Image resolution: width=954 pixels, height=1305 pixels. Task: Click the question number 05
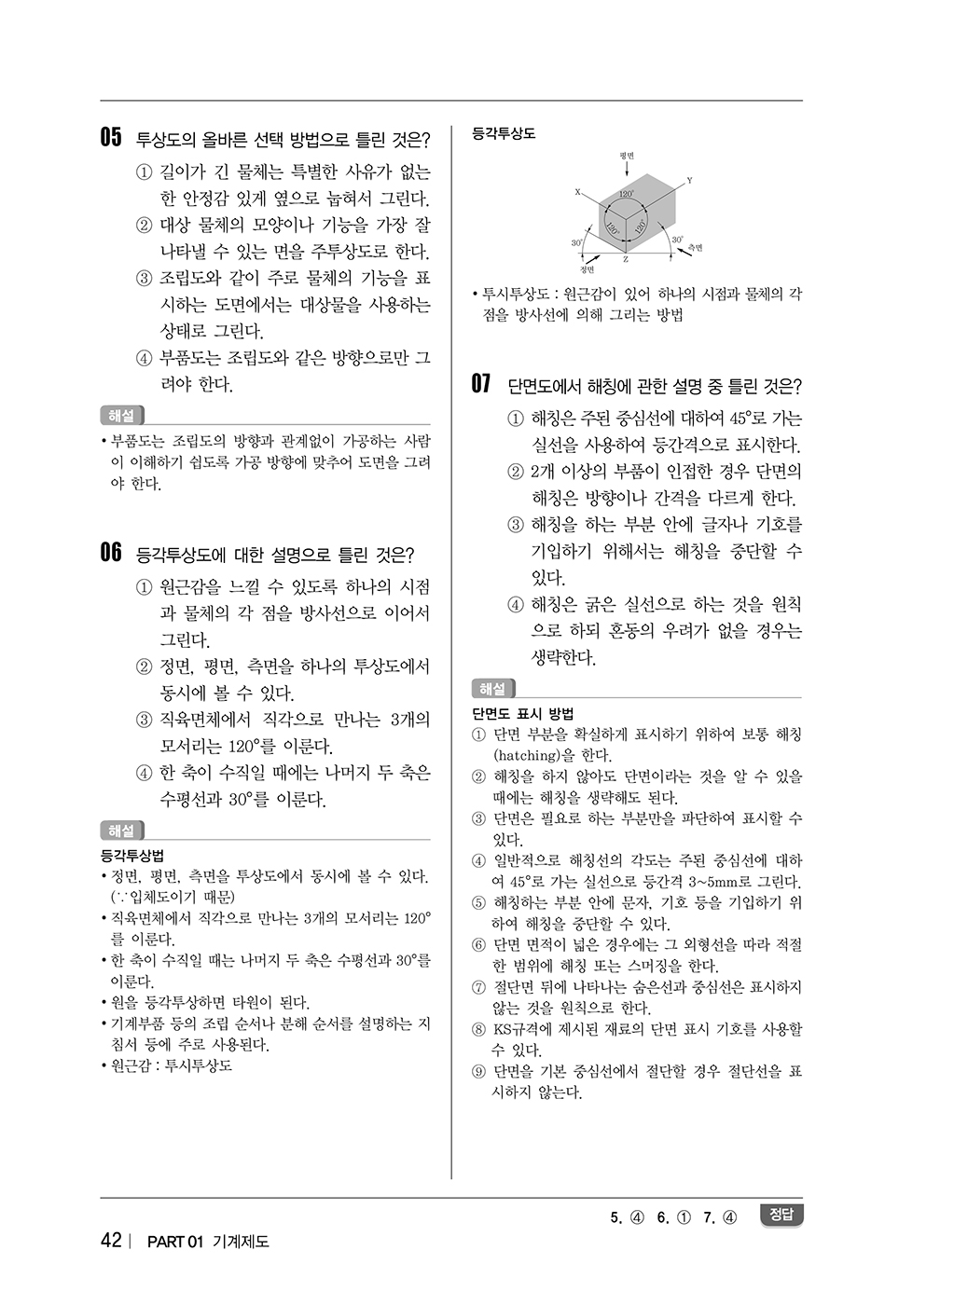click(x=111, y=138)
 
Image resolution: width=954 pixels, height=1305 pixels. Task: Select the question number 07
click(x=481, y=384)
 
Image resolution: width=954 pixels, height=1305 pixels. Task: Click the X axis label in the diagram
click(x=577, y=192)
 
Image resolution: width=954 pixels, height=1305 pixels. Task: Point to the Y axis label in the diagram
click(x=689, y=180)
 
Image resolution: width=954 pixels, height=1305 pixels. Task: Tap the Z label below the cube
click(x=626, y=259)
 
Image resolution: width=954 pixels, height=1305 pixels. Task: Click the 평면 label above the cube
click(x=626, y=155)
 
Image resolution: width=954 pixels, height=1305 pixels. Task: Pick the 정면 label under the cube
click(x=588, y=269)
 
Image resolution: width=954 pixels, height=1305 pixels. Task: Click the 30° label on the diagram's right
click(x=678, y=240)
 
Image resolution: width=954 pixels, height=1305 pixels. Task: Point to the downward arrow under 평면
click(x=626, y=169)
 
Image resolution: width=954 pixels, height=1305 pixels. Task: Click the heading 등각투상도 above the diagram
click(x=504, y=133)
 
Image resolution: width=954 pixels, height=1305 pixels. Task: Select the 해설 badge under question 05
click(x=121, y=415)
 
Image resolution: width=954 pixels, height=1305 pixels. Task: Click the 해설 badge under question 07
click(x=492, y=689)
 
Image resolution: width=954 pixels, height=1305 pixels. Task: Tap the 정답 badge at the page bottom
click(x=781, y=1215)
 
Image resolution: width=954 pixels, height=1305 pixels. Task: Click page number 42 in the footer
click(x=111, y=1240)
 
